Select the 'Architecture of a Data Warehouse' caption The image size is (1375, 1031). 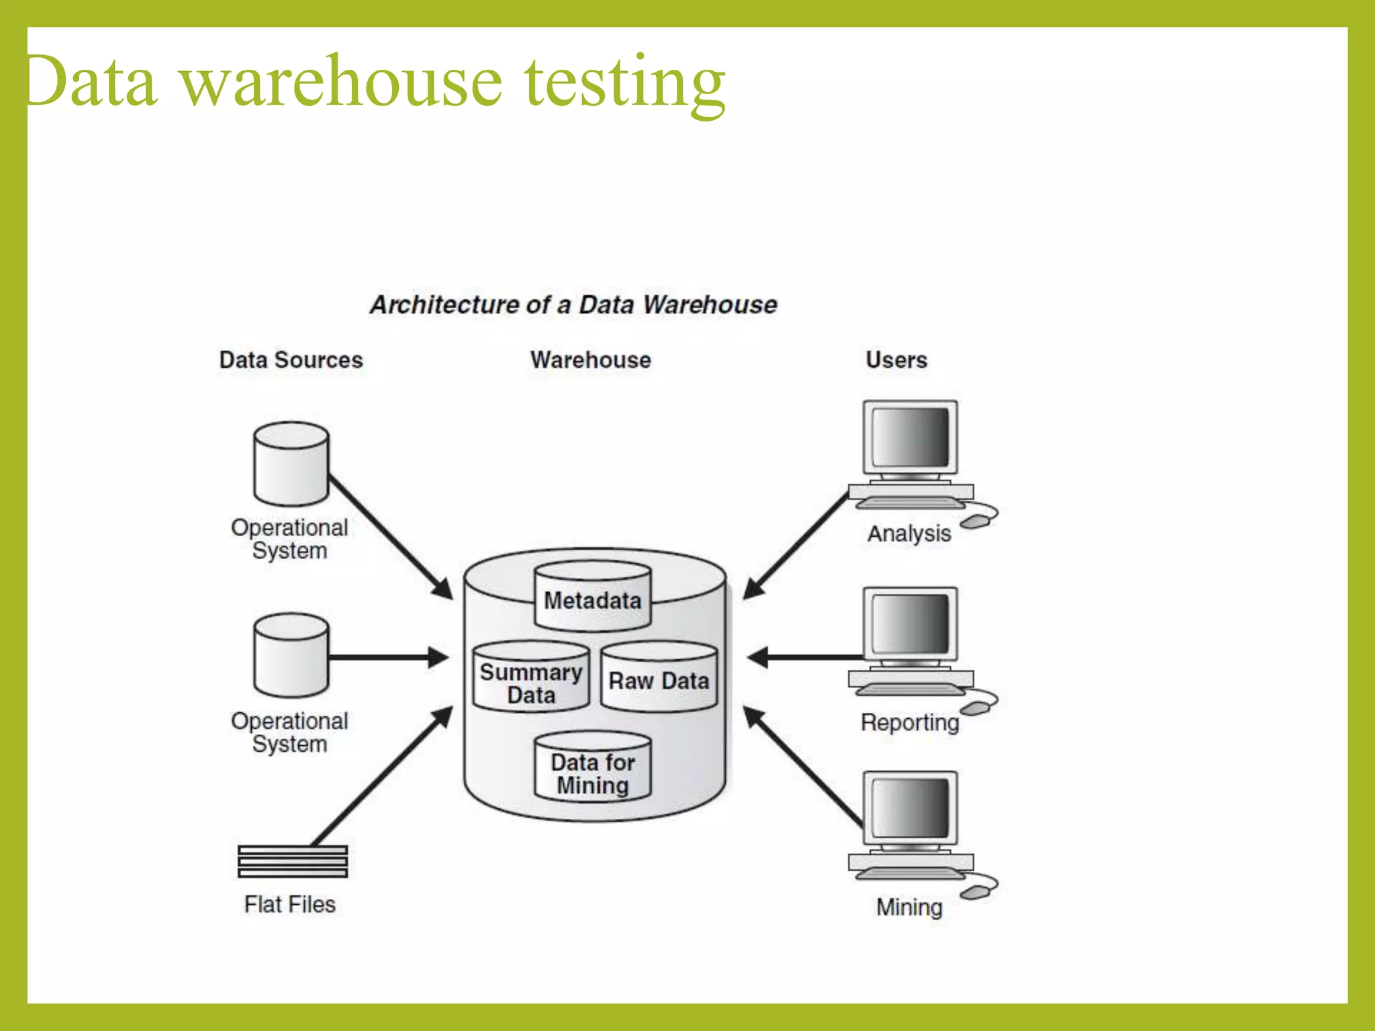point(573,305)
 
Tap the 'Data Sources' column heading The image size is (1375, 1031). point(291,360)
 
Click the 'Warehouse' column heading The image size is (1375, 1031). point(590,360)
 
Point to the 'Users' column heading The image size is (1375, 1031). point(896,360)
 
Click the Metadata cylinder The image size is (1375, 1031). point(592,599)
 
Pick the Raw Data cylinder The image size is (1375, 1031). point(659,679)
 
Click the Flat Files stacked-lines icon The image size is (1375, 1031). point(293,862)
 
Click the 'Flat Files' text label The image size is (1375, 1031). point(289,904)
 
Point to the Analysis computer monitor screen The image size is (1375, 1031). point(910,437)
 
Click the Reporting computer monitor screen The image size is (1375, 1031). point(910,624)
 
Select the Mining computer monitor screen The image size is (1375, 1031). point(910,808)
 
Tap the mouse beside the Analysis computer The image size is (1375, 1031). point(975,522)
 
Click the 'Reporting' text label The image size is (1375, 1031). point(910,722)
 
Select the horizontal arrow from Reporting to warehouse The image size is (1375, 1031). point(806,657)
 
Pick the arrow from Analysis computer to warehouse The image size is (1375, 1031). point(796,546)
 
